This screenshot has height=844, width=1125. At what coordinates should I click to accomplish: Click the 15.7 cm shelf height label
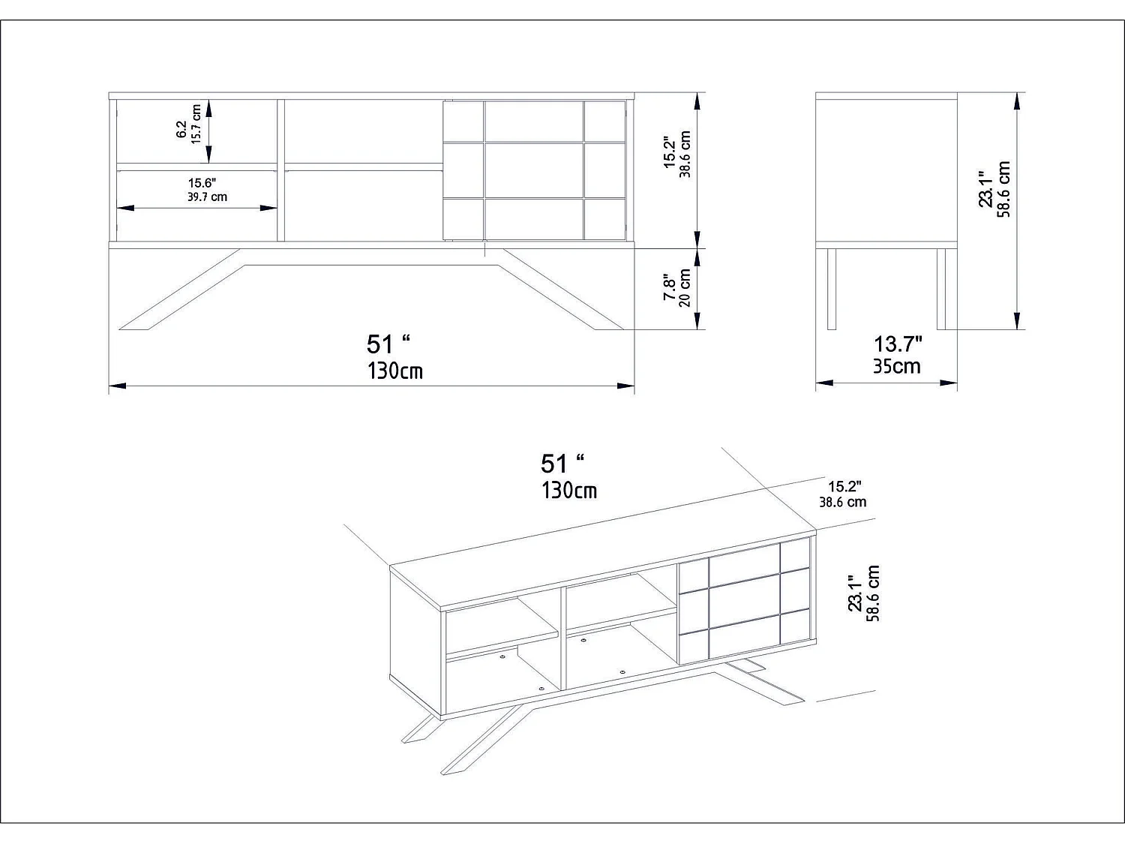(x=197, y=125)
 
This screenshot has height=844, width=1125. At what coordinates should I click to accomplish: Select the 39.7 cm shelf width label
(x=207, y=197)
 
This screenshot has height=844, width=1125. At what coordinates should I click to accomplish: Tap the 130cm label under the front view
(x=394, y=371)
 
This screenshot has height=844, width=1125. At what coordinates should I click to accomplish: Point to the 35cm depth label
(x=896, y=366)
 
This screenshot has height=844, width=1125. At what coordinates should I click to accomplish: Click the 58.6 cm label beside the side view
(x=1005, y=190)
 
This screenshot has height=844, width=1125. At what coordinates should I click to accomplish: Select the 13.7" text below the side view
(x=898, y=344)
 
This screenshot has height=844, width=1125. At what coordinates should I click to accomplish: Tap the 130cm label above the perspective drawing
(x=569, y=491)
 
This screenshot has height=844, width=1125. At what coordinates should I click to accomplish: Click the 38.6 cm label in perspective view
(x=842, y=502)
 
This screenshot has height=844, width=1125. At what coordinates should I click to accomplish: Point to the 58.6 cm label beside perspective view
(x=872, y=593)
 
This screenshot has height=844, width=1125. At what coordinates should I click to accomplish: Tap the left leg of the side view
(x=831, y=288)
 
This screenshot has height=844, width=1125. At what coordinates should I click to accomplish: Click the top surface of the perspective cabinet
(x=600, y=559)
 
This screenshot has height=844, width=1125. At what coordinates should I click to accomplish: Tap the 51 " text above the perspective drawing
(x=562, y=464)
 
